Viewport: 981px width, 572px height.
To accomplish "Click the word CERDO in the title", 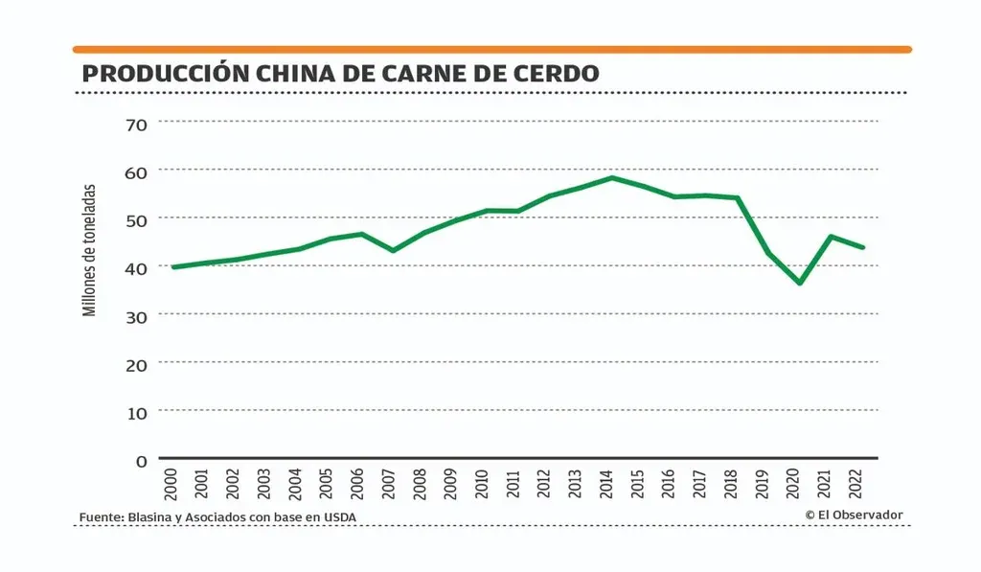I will pyautogui.click(x=550, y=73).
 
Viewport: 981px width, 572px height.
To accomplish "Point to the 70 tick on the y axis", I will pyautogui.click(x=136, y=123).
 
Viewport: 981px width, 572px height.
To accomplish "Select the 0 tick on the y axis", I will pyautogui.click(x=142, y=460).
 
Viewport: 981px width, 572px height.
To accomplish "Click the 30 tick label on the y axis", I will pyautogui.click(x=136, y=315).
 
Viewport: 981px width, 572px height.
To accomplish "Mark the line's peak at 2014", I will pyautogui.click(x=611, y=177).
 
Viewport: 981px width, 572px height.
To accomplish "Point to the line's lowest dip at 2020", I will pyautogui.click(x=799, y=284).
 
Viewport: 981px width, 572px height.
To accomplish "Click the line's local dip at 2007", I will pyautogui.click(x=393, y=251).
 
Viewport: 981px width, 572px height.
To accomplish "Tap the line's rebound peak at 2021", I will pyautogui.click(x=831, y=236).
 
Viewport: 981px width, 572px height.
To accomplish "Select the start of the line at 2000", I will pyautogui.click(x=173, y=266).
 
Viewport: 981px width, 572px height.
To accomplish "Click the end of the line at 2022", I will pyautogui.click(x=863, y=247).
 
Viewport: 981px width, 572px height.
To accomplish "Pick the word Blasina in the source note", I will pyautogui.click(x=148, y=518).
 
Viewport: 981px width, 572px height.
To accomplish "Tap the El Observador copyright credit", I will pyautogui.click(x=854, y=515).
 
